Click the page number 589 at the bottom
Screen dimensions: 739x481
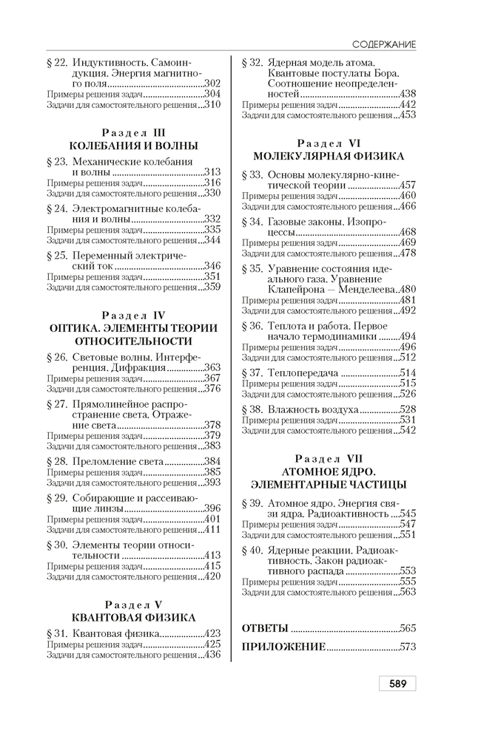pyautogui.click(x=397, y=684)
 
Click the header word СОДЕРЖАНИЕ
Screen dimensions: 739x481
pyautogui.click(x=383, y=45)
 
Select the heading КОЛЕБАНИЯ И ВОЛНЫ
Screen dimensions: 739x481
pyautogui.click(x=133, y=146)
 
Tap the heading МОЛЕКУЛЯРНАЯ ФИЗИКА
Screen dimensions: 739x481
pyautogui.click(x=329, y=156)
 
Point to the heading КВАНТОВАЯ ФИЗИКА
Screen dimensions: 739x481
pyautogui.click(x=133, y=617)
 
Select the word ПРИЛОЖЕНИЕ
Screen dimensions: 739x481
pyautogui.click(x=283, y=647)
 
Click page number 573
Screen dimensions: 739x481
pyautogui.click(x=407, y=647)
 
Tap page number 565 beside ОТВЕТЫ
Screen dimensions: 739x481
pyautogui.click(x=407, y=628)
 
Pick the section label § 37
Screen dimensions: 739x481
pyautogui.click(x=253, y=373)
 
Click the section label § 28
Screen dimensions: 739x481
pyautogui.click(x=58, y=461)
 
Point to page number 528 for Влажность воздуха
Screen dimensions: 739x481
pyautogui.click(x=407, y=409)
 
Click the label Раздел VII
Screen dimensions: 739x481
pyautogui.click(x=329, y=458)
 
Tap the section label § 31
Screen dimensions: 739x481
pyautogui.click(x=58, y=633)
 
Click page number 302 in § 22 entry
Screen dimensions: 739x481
pyautogui.click(x=212, y=84)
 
